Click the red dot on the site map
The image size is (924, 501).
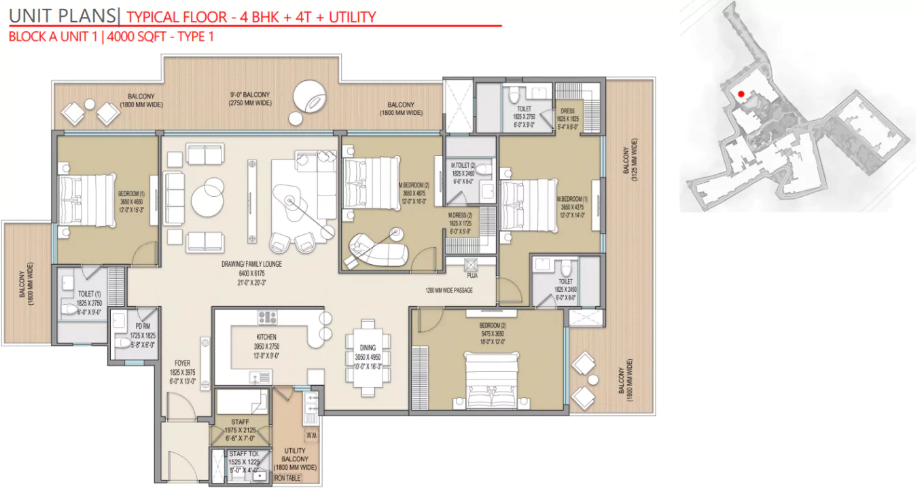[x=741, y=94]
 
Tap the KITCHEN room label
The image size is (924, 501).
[x=266, y=337]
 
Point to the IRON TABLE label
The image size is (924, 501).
[x=287, y=478]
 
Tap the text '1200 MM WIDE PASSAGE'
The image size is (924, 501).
[x=449, y=291]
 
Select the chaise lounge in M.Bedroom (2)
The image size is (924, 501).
[x=377, y=248]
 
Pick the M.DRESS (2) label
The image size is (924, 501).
[x=460, y=215]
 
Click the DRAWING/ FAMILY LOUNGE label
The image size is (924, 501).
[x=251, y=264]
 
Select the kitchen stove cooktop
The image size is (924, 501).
[x=267, y=316]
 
